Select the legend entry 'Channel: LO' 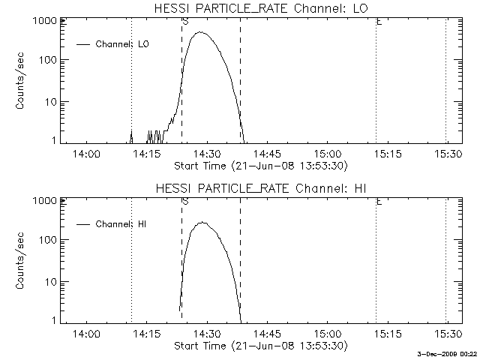122,44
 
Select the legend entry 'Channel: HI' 121,224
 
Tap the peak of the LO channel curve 201,32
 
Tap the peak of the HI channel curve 201,222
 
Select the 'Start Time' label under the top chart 259,165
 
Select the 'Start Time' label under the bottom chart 259,346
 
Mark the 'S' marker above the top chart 184,22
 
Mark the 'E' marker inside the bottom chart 379,202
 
